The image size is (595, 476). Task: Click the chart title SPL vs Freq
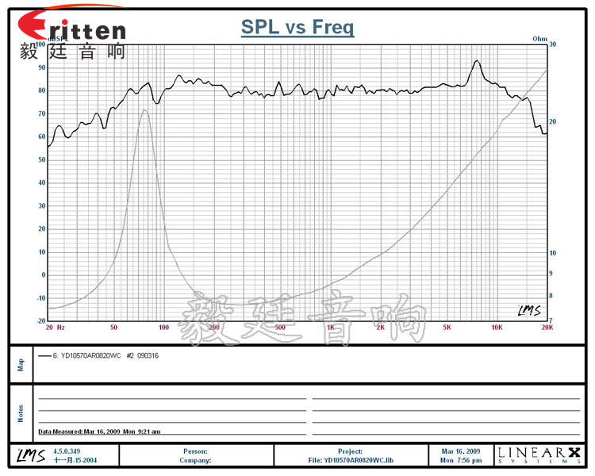click(297, 29)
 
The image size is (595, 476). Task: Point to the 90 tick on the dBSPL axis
click(42, 67)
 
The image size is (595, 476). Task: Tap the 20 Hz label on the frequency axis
click(55, 327)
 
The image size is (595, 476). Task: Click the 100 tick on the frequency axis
click(163, 327)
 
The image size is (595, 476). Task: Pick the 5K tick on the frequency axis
click(447, 327)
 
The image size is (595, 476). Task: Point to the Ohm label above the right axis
click(540, 38)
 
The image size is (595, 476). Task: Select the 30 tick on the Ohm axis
click(552, 44)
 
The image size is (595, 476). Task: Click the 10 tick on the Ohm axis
click(552, 253)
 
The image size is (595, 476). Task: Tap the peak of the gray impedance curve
click(144, 110)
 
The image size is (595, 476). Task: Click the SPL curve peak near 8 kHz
click(477, 61)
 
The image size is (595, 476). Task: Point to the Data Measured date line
click(99, 432)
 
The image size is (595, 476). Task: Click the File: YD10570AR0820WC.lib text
click(349, 459)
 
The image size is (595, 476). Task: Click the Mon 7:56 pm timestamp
click(461, 460)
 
